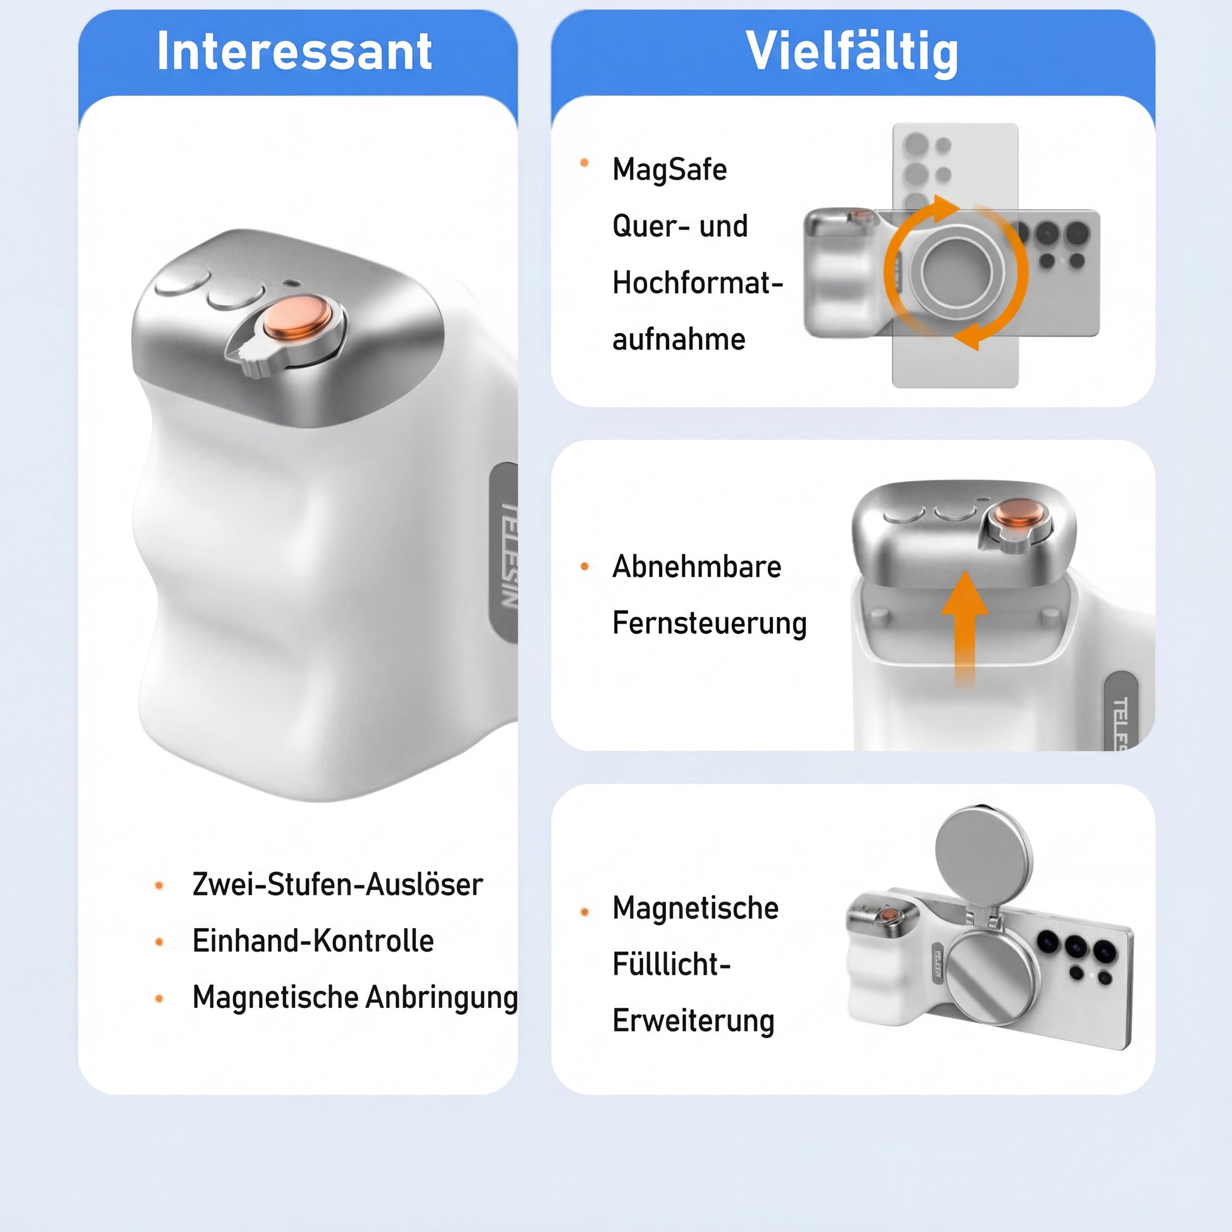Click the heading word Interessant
point(294,51)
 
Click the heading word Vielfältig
point(852,53)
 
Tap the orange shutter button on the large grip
point(297,317)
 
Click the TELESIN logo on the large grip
point(508,555)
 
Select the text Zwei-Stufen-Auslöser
point(337,884)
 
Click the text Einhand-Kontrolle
point(313,941)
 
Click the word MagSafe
point(670,170)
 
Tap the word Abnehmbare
point(696,566)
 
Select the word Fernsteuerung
point(709,624)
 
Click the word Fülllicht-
point(672,964)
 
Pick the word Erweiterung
point(693,1021)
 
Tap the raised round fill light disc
point(983,855)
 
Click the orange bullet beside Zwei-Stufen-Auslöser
point(160,885)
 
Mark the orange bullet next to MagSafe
point(584,163)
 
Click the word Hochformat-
point(698,283)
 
